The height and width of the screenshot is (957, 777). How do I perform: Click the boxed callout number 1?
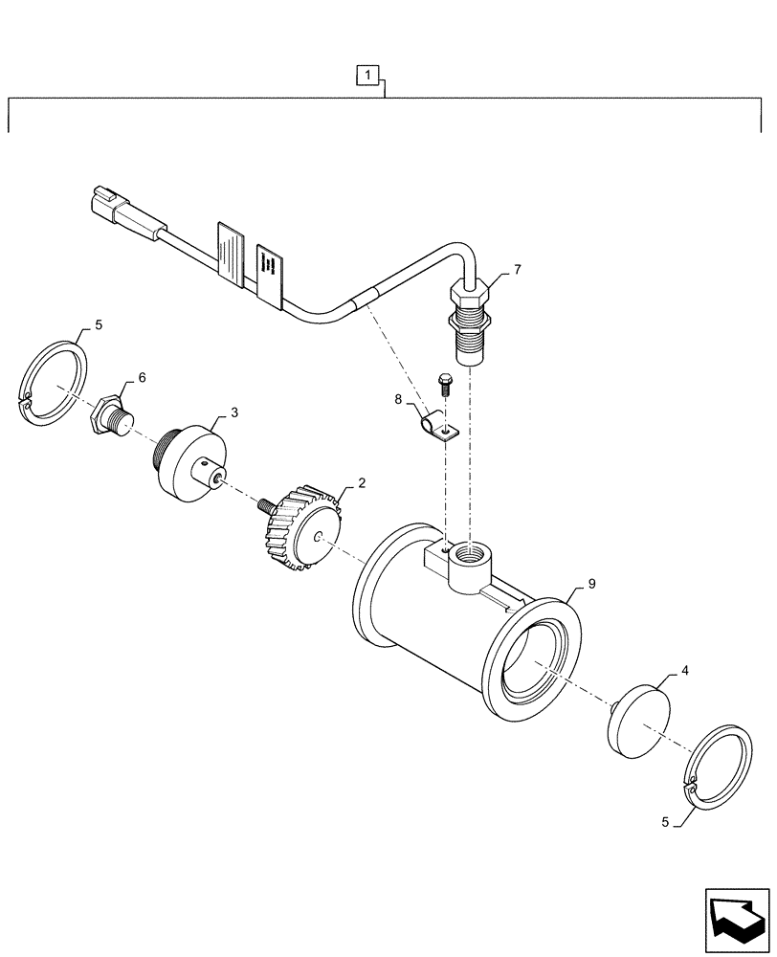369,73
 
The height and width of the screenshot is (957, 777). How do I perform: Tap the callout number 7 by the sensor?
517,271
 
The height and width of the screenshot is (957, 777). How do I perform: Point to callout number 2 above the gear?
362,484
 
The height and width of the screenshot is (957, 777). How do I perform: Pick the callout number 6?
142,378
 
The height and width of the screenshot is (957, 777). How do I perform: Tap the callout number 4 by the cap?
683,673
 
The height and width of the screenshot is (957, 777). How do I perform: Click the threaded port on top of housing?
471,554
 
